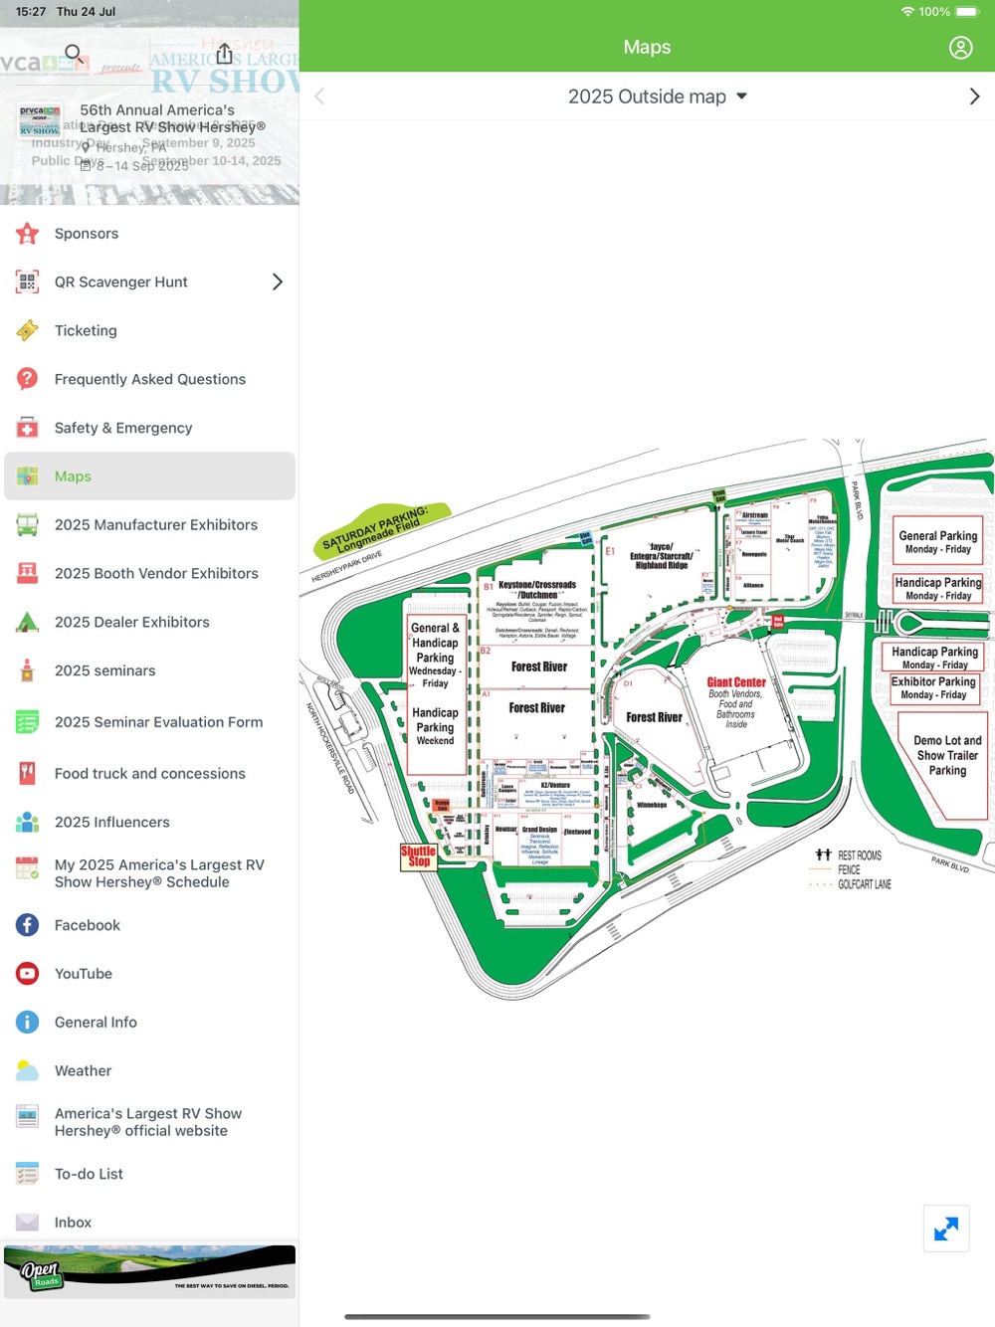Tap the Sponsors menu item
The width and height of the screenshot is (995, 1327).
87,234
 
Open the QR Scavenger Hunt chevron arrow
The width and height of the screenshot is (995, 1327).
278,283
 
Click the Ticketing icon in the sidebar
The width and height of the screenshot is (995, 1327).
28,331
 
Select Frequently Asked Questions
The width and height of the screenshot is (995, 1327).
149,379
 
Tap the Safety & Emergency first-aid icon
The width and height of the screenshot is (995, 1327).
28,428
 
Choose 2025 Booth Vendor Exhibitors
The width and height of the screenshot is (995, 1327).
156,574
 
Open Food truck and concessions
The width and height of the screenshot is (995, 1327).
149,774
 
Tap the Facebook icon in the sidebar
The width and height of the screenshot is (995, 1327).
28,925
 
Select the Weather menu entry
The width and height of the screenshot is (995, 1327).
84,1071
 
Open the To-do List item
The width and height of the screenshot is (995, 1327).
89,1174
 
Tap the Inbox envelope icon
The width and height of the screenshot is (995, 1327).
28,1223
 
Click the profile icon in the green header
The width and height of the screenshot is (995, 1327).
960,48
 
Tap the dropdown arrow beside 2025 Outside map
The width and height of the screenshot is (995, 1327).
741,96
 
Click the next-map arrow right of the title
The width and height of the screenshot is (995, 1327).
974,96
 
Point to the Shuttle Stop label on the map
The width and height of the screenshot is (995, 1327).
418,856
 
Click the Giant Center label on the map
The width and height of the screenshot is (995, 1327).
736,682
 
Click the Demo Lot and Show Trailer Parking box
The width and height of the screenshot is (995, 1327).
947,756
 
